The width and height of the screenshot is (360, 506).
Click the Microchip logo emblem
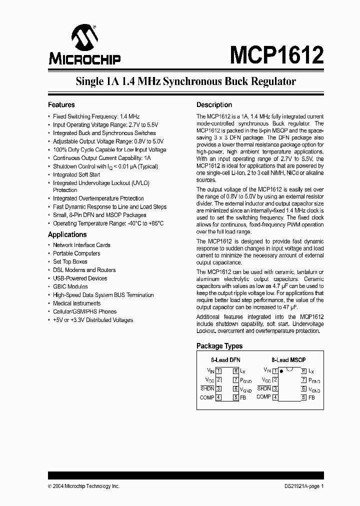(84, 37)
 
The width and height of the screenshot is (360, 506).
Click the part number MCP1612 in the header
(276, 53)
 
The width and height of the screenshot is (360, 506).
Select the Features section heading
(61, 105)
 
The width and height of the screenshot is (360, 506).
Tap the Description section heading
(214, 105)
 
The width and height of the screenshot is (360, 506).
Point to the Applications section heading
(67, 234)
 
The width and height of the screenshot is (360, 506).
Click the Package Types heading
(219, 346)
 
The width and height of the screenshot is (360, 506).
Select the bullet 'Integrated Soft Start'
(77, 175)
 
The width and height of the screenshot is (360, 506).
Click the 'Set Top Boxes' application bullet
(70, 261)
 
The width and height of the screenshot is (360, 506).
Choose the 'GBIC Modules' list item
(70, 286)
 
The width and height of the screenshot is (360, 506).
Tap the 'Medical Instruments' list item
(76, 303)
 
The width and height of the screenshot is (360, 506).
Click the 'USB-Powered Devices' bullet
(80, 278)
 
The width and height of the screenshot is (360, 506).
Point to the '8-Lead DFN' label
(226, 360)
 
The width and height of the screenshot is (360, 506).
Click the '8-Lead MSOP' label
(288, 360)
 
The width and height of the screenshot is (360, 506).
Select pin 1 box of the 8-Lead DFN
(218, 371)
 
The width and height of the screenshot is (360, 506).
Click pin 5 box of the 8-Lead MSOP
(303, 397)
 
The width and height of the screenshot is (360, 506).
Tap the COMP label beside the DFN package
(206, 397)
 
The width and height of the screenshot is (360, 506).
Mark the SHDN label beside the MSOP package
(264, 388)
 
